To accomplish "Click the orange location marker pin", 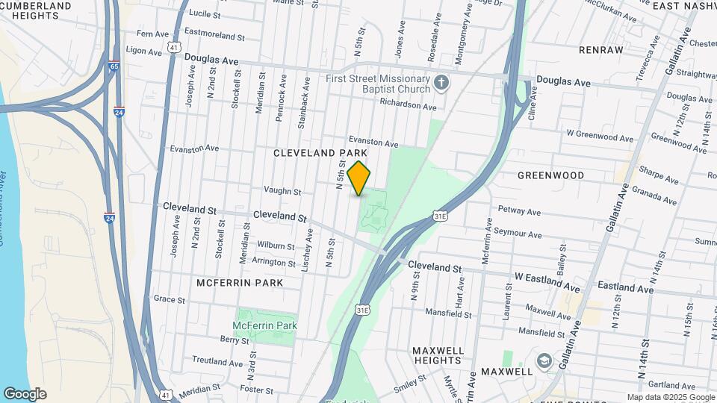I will click(359, 178).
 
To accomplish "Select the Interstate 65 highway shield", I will click(113, 66).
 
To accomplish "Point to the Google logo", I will click(25, 394).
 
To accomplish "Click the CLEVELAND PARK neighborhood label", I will click(320, 153).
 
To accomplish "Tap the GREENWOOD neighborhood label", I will click(551, 175).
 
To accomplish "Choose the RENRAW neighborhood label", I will click(600, 50).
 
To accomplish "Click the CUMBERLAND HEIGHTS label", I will click(36, 10).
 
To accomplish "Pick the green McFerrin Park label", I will click(264, 325).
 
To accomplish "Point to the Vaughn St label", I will click(282, 192).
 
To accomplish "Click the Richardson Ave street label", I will click(408, 105).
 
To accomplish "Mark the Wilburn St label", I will click(276, 246).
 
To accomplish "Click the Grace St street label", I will click(169, 299).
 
